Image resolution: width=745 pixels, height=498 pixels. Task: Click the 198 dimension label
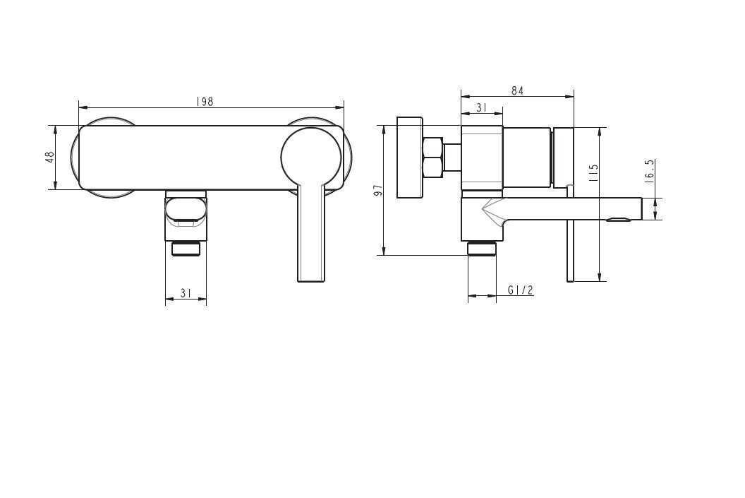click(205, 101)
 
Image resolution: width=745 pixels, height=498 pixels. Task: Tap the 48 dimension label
click(50, 157)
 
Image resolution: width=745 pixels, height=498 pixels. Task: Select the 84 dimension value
click(517, 90)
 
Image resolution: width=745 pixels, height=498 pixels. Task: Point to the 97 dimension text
click(379, 191)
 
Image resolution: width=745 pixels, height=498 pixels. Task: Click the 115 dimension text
click(593, 174)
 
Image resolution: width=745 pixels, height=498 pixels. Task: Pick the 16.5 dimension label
click(650, 170)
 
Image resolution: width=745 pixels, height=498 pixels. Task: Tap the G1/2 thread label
click(520, 290)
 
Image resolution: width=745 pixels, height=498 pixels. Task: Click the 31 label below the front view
click(186, 293)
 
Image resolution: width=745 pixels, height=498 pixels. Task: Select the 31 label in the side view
click(482, 108)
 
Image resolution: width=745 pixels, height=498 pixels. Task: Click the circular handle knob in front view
click(311, 158)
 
